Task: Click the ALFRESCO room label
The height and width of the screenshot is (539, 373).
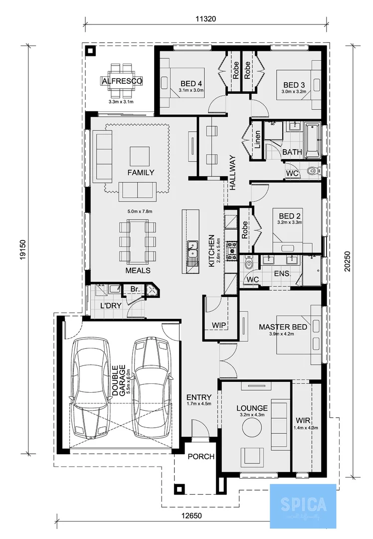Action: click(x=122, y=81)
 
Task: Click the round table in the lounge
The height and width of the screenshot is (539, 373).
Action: click(x=252, y=428)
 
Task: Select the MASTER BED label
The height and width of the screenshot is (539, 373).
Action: click(x=283, y=327)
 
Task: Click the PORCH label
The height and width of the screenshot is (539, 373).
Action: click(x=201, y=456)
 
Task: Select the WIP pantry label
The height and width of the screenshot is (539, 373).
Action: click(x=219, y=325)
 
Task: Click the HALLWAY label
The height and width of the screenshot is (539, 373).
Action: click(x=232, y=172)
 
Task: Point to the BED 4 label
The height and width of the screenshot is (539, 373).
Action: click(x=191, y=83)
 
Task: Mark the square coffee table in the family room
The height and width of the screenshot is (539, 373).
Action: click(x=139, y=156)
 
